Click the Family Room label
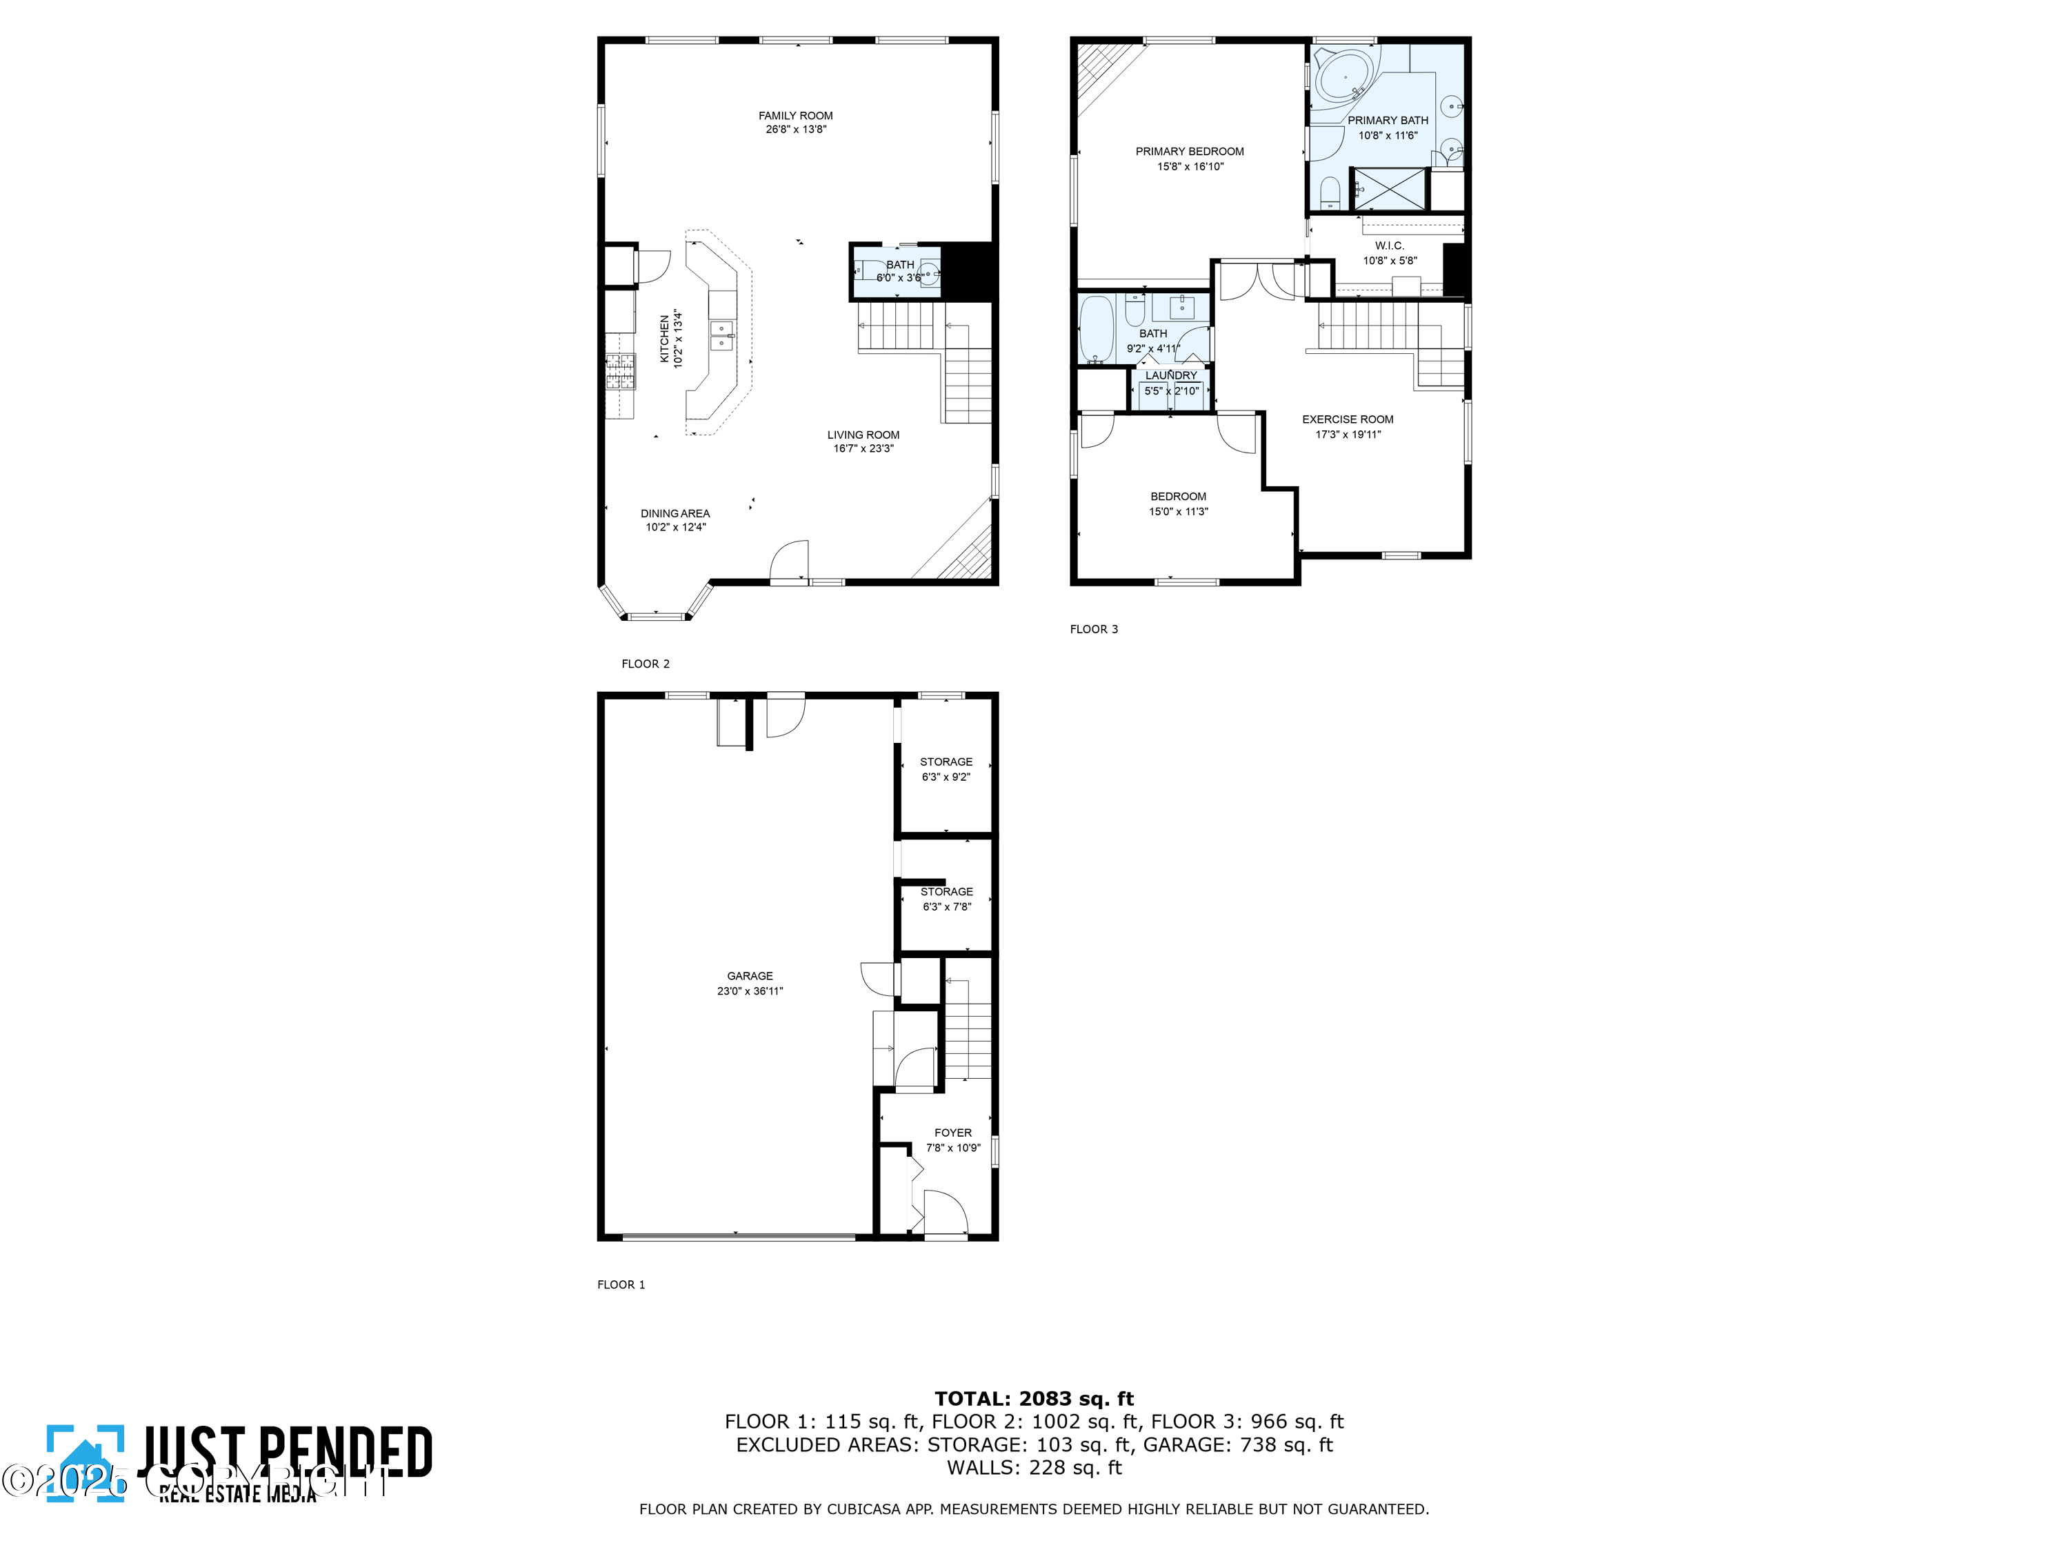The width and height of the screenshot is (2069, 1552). click(x=795, y=116)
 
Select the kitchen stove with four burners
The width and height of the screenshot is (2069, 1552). click(x=619, y=371)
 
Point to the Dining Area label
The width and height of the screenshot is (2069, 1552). click(x=674, y=514)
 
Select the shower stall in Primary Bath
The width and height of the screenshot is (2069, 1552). click(x=1390, y=189)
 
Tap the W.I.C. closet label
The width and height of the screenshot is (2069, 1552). click(x=1389, y=246)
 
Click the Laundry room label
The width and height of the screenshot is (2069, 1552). click(x=1170, y=375)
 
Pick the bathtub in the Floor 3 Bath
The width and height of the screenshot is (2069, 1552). click(x=1095, y=329)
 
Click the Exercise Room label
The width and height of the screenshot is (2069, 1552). click(x=1347, y=419)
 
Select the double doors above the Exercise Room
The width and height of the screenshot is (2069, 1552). click(x=1258, y=281)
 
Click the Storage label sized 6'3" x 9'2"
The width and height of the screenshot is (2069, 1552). click(x=946, y=762)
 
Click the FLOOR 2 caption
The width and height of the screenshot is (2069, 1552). click(x=646, y=664)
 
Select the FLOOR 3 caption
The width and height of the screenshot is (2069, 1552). click(x=1093, y=628)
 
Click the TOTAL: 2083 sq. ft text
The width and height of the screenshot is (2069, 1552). click(x=1034, y=1399)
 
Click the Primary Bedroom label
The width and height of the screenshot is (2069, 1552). click(x=1189, y=152)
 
